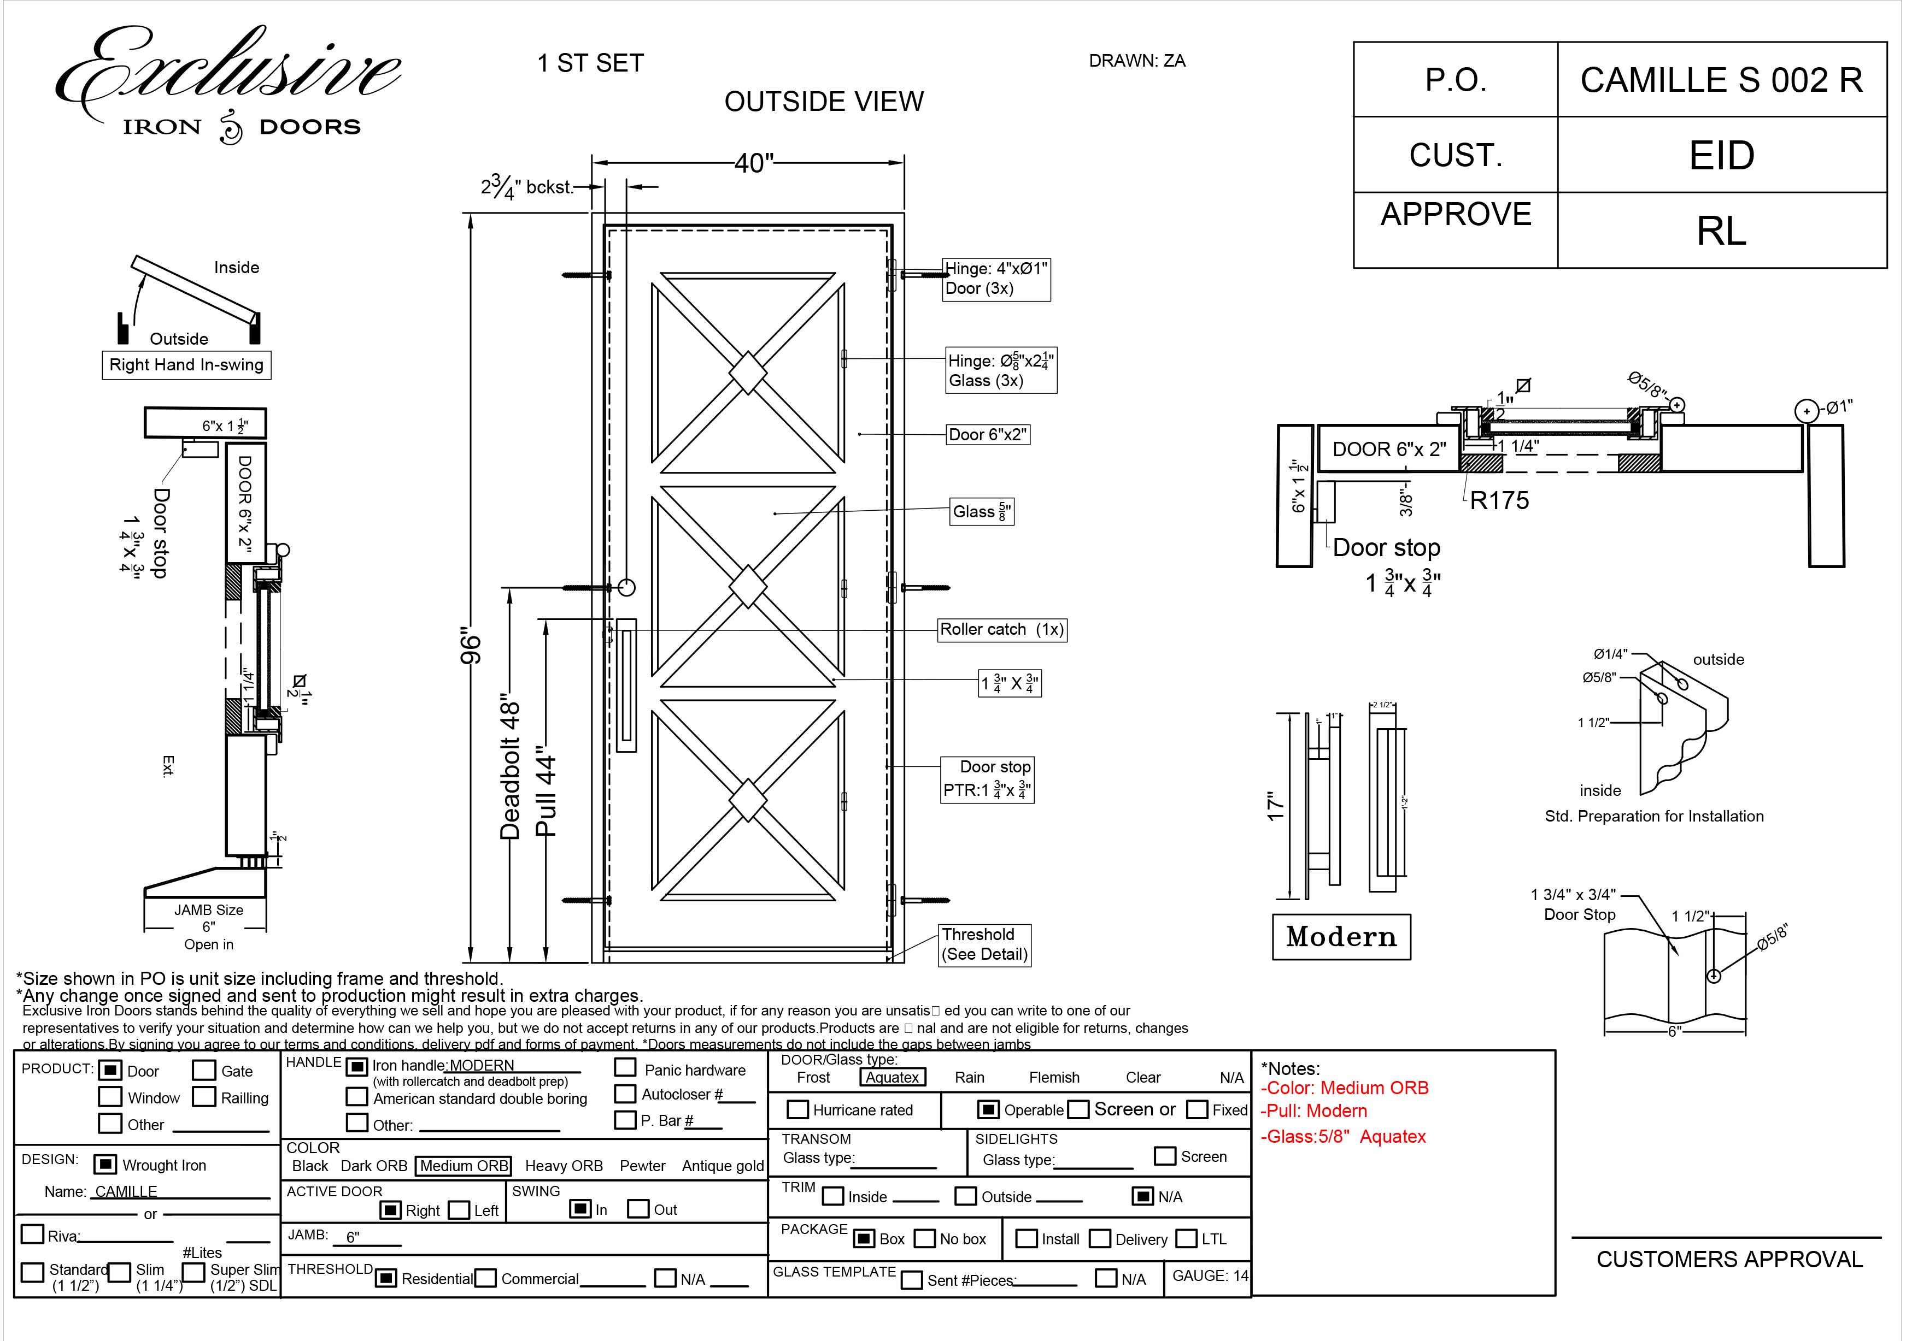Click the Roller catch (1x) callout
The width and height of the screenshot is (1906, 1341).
pyautogui.click(x=1001, y=630)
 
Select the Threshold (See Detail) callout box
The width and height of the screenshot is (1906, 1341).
pyautogui.click(x=984, y=944)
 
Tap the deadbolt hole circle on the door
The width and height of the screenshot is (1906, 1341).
pyautogui.click(x=627, y=588)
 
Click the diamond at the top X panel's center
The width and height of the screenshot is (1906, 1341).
pyautogui.click(x=747, y=373)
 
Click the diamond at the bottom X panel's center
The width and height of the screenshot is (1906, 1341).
pyautogui.click(x=747, y=801)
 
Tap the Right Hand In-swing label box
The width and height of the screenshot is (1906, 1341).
pyautogui.click(x=186, y=365)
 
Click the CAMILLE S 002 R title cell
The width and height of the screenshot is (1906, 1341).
pyautogui.click(x=1721, y=80)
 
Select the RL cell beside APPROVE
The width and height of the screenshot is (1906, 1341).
pyautogui.click(x=1721, y=231)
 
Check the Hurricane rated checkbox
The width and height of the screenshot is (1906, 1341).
pyautogui.click(x=797, y=1109)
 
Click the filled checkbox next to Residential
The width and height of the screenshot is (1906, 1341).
pyautogui.click(x=385, y=1278)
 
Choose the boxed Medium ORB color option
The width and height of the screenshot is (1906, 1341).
pyautogui.click(x=463, y=1166)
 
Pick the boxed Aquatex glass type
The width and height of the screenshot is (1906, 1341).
pyautogui.click(x=893, y=1077)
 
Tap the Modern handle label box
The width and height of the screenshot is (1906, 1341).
pyautogui.click(x=1341, y=937)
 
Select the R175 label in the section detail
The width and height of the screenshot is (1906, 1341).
pyautogui.click(x=1498, y=500)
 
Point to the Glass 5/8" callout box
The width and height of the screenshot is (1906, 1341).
pyautogui.click(x=981, y=512)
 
